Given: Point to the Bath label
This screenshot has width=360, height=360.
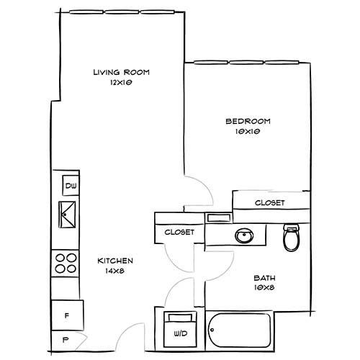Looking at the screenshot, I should (x=264, y=278).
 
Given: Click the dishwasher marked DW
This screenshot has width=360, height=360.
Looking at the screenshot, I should (x=71, y=186).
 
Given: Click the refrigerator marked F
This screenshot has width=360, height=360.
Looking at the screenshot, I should (x=67, y=314).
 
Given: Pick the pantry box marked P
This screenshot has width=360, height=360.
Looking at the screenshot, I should (x=66, y=339).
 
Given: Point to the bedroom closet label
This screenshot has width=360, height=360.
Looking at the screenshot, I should (x=269, y=203).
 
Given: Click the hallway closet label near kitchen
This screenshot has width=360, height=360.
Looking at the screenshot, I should (x=179, y=232).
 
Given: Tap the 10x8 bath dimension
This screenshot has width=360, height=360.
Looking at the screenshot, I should (x=264, y=288).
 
